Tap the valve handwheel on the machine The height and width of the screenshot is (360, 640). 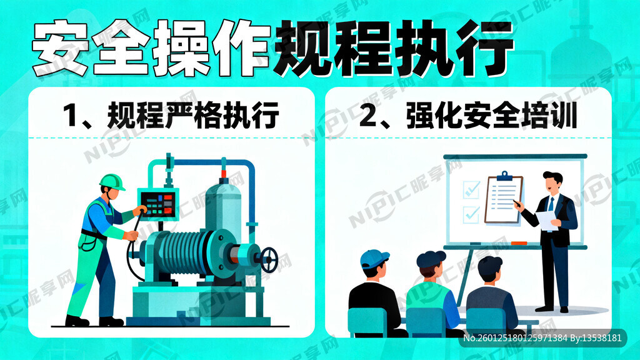[269, 259]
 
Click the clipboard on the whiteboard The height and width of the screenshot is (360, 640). [503, 199]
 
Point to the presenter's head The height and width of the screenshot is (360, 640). [552, 182]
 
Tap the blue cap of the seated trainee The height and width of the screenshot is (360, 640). [374, 258]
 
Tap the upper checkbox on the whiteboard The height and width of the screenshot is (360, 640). [471, 187]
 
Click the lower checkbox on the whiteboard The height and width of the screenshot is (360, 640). [471, 214]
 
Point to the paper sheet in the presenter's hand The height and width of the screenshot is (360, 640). [545, 220]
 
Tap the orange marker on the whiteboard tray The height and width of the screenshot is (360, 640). [519, 242]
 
